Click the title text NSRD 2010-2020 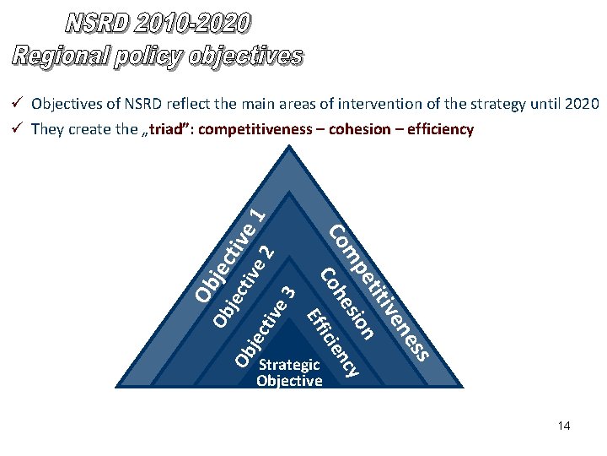158,23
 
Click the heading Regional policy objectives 158,56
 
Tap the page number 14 564,426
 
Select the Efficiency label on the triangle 332,343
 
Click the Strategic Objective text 289,372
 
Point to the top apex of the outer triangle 290,147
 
